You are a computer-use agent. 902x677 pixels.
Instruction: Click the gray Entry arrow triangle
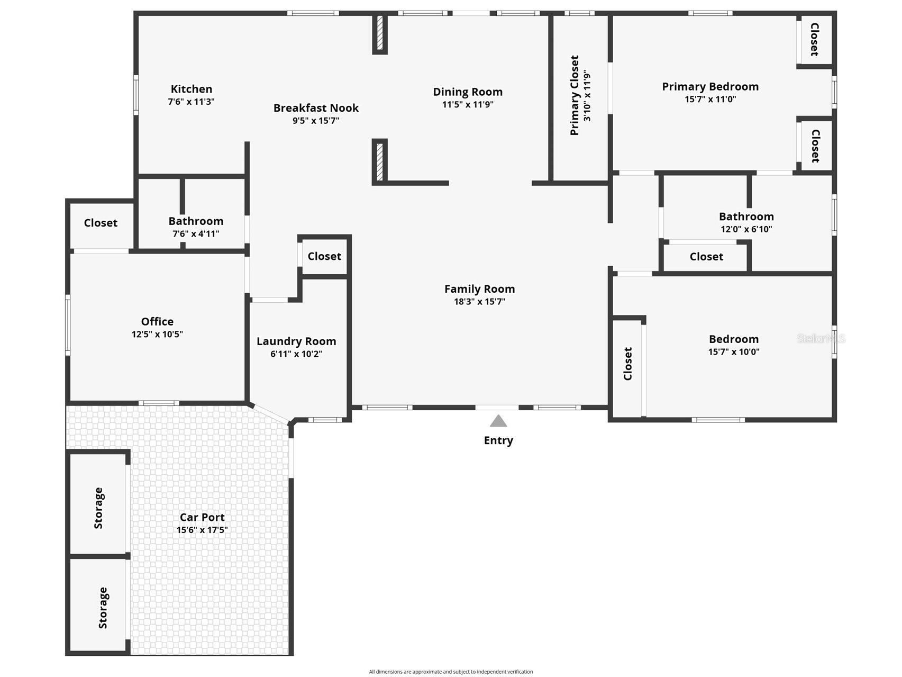click(498, 421)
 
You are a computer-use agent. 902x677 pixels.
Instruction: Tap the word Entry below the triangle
click(498, 440)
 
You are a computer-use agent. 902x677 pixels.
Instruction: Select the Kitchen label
click(192, 89)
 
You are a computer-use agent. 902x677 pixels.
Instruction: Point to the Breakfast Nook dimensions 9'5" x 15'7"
click(316, 120)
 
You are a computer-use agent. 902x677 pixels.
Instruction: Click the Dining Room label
click(468, 92)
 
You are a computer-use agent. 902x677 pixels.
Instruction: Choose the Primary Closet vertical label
click(575, 95)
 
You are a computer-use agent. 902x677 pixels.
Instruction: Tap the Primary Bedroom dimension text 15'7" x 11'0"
click(710, 99)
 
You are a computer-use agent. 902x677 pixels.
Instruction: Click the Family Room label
click(479, 289)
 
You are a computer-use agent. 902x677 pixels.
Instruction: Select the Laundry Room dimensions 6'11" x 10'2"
click(296, 354)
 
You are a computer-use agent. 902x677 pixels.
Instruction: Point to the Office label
click(157, 321)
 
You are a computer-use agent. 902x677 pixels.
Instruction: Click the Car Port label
click(202, 517)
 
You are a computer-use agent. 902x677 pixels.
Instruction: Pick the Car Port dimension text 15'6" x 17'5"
click(202, 530)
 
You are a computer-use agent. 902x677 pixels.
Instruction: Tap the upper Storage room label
click(99, 508)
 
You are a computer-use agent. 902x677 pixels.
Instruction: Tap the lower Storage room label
click(103, 608)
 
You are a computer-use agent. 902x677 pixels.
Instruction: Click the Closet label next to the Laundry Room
click(324, 256)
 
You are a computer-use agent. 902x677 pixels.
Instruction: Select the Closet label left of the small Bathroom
click(101, 223)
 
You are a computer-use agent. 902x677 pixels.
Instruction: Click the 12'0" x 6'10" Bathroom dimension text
click(746, 229)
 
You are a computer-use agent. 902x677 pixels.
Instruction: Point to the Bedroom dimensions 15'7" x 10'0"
click(734, 351)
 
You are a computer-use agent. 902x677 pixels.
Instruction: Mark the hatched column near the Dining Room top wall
click(379, 33)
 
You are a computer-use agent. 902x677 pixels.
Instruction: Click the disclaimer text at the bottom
click(451, 672)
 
